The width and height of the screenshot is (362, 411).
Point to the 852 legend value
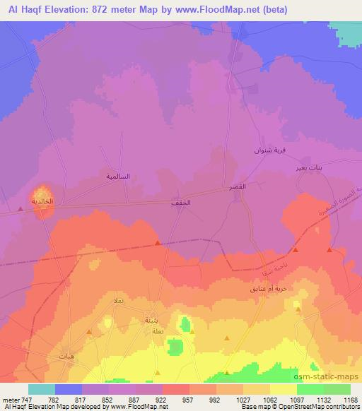click(x=108, y=400)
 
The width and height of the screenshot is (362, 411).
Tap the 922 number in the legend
click(x=162, y=400)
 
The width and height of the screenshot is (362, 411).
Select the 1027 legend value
click(x=243, y=400)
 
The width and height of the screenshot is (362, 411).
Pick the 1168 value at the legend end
click(x=350, y=400)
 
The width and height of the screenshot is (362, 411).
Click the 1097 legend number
click(x=296, y=400)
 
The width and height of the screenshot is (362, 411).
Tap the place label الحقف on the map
click(x=180, y=203)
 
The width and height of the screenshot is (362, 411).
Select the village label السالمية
click(x=118, y=176)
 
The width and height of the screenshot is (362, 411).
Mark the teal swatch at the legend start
click(x=42, y=389)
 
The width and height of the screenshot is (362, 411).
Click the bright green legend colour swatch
click(x=310, y=389)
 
